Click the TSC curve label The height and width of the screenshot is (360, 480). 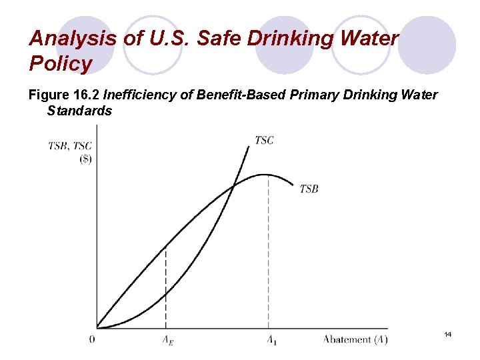point(264,140)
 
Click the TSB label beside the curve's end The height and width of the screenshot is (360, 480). point(309,189)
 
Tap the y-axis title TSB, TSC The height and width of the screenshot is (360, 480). point(70,147)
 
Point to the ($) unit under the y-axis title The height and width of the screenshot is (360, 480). point(85,160)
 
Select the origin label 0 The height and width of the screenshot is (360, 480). point(92,339)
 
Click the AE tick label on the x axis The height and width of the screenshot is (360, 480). point(166,340)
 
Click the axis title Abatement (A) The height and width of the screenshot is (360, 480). point(355,339)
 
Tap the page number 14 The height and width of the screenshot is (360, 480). point(447,333)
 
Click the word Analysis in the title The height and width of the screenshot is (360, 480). point(73,38)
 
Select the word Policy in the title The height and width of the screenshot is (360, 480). point(61,64)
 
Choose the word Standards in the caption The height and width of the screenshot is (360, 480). point(79,111)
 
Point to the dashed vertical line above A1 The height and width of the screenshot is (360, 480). point(269,253)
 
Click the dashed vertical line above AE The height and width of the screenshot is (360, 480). point(166,287)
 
